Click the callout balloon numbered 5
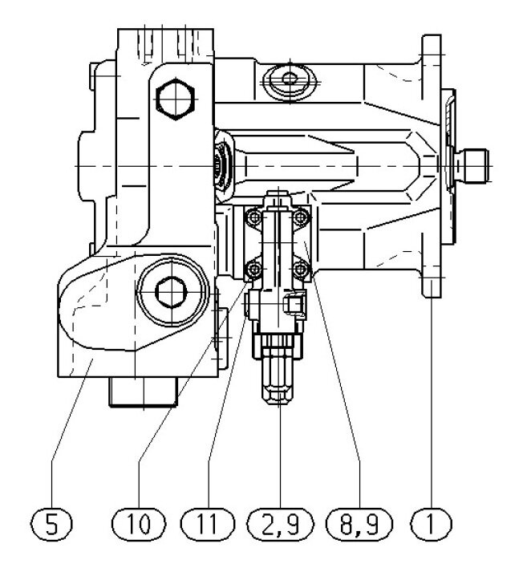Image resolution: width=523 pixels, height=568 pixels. pos(54,526)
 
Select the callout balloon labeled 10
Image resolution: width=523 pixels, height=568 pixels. pos(139,526)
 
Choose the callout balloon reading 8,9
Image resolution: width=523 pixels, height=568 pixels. pos(358,526)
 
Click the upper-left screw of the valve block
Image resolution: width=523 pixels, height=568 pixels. pos(253,217)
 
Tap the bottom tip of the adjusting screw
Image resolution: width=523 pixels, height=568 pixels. pos(278,401)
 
